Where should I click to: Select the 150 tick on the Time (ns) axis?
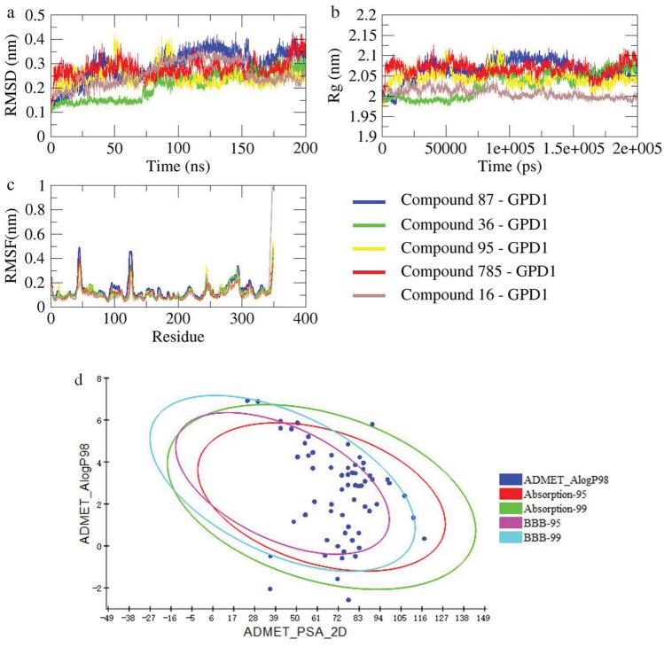pyautogui.click(x=243, y=148)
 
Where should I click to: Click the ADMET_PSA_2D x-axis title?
pyautogui.click(x=295, y=634)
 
